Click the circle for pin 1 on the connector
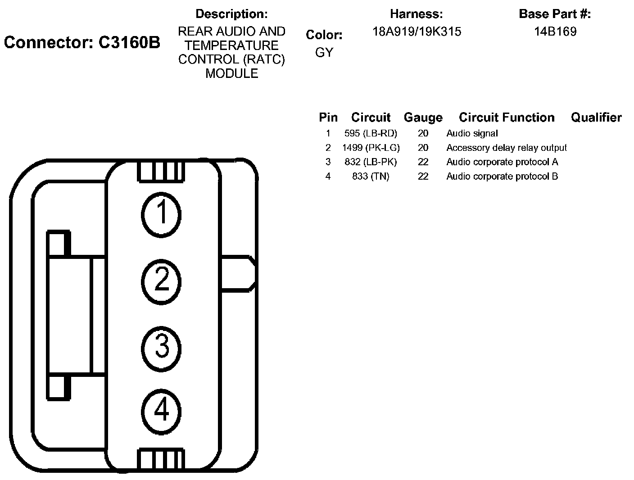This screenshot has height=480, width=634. pos(161,213)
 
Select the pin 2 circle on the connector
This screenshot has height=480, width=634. pos(161,281)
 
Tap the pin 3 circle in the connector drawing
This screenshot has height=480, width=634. pos(161,347)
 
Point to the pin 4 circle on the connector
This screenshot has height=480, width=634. pos(161,411)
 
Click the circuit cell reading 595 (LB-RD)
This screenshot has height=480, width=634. pos(371,133)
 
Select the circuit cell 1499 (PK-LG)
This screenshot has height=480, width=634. pos(371,148)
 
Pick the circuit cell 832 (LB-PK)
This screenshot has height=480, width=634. pos(371,162)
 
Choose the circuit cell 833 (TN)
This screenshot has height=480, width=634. pos(371,177)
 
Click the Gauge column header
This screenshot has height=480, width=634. pos(423,118)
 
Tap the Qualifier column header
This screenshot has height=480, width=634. pos(596,118)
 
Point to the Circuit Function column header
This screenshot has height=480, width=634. pos(507,118)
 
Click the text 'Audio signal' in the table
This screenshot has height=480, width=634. pos(472,133)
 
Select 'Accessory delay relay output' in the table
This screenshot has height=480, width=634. pos(507,148)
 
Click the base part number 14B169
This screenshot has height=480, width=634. pos(555,32)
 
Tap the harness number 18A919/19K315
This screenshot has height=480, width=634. pos(417,32)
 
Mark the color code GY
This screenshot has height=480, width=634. pos(324,53)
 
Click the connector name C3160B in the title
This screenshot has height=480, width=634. pos(129,43)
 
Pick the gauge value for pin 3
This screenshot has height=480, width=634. pos(423,162)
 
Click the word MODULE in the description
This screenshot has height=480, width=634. pos(232,73)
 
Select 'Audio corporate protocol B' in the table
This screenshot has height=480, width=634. pos(502,177)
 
